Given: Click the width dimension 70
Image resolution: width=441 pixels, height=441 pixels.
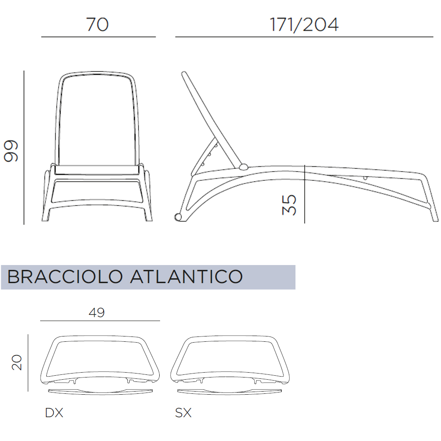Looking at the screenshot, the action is (97, 24).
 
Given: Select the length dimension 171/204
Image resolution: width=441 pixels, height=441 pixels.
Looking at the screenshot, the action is (304, 25).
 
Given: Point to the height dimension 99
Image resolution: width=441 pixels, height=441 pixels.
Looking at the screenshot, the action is (11, 151).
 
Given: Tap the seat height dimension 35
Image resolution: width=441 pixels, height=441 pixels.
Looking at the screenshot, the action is (289, 205).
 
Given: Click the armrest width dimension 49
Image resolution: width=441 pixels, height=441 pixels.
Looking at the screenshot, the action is (97, 313).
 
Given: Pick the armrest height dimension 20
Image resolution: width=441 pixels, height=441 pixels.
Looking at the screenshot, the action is (17, 362).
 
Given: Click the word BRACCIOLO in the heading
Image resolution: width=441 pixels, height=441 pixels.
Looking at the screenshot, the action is (65, 277).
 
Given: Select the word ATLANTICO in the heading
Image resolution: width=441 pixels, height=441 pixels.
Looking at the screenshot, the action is (186, 277).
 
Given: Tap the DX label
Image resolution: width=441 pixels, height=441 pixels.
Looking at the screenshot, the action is (54, 413).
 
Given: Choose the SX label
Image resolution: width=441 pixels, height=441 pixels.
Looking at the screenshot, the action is (183, 413).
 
